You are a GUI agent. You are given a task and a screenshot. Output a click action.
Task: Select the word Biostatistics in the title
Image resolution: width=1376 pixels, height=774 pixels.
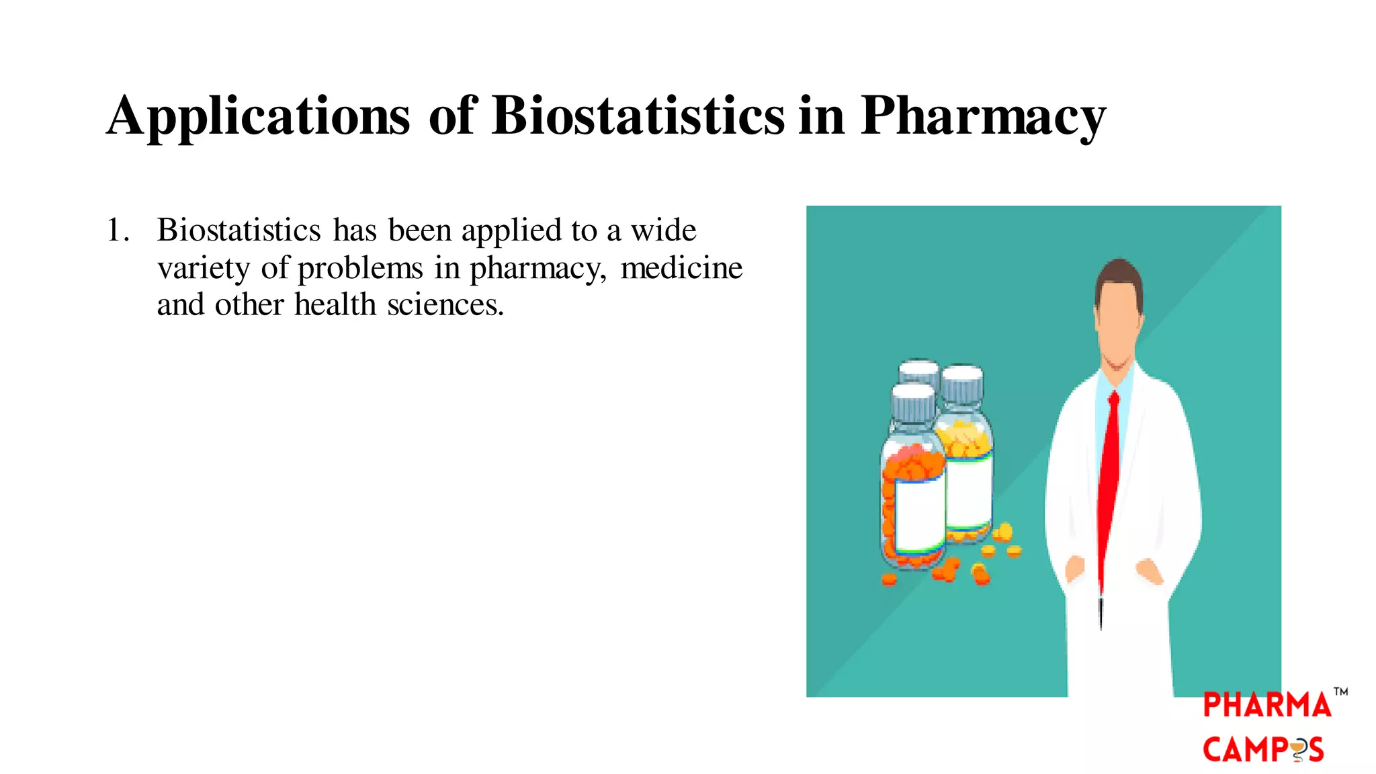638,116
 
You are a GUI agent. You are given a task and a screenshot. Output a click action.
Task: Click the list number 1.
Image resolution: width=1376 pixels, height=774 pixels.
117,230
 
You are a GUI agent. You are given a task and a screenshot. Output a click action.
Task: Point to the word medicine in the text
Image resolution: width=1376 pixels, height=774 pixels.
681,268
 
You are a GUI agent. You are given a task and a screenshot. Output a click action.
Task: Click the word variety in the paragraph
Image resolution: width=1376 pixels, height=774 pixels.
204,269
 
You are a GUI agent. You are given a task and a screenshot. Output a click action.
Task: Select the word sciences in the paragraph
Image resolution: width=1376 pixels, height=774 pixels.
445,305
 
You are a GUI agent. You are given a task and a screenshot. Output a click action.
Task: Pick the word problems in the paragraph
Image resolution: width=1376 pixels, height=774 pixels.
360,269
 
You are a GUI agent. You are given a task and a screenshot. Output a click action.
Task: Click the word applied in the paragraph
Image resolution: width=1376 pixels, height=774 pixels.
511,231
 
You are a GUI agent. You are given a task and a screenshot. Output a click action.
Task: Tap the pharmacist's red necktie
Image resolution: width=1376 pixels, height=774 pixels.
1109,470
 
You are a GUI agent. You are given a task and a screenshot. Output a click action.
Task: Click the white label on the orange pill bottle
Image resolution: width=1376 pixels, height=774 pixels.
918,514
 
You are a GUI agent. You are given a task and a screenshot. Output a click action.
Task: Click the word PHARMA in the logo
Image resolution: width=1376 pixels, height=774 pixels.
1266,705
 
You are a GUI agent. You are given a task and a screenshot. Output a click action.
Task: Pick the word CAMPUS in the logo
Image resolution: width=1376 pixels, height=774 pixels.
1263,750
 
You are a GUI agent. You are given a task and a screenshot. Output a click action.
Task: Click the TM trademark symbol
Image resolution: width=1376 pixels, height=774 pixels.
1340,691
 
